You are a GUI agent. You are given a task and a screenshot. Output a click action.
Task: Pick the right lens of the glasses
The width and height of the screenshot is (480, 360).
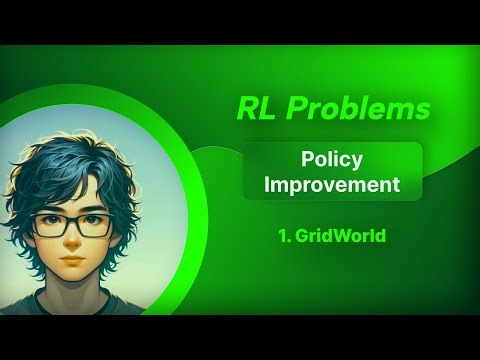coord(96,225)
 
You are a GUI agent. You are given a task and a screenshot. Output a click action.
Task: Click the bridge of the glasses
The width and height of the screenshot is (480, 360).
coord(73,223)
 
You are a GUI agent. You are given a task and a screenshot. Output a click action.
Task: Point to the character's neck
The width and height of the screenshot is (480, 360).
coord(72,290)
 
